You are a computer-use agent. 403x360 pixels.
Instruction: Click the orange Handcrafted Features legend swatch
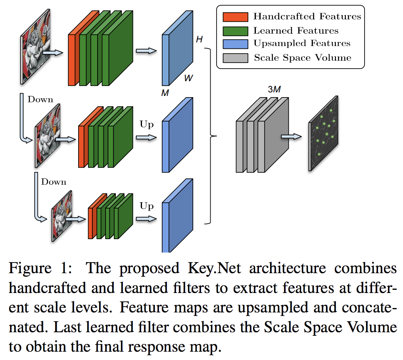tap(235, 17)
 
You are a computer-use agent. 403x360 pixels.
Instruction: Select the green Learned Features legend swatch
tap(235, 31)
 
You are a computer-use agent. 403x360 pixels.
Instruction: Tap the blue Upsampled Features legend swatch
tap(235, 44)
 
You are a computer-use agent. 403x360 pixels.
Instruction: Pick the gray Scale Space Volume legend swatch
tap(235, 58)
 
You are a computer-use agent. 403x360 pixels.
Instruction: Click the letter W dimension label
tap(189, 78)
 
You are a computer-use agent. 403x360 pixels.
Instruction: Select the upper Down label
tap(40, 100)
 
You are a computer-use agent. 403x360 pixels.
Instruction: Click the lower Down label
tap(54, 182)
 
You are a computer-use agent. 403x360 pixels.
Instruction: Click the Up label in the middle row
tap(146, 124)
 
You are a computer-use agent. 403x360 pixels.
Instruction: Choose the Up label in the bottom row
tap(146, 206)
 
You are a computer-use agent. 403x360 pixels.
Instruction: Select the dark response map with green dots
tap(324, 133)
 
